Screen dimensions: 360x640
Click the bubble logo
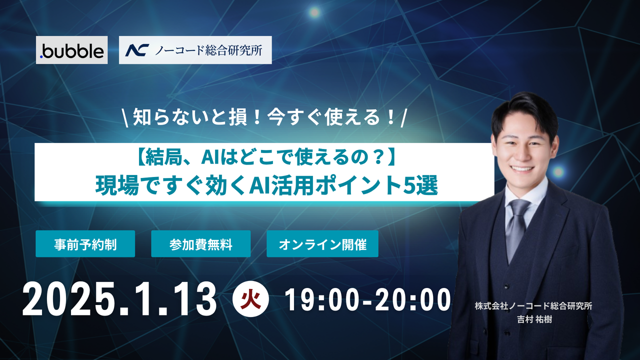coord(71,50)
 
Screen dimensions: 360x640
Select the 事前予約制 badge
coord(85,244)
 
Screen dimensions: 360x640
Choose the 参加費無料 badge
coord(200,244)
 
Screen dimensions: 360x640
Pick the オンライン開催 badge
coord(322,244)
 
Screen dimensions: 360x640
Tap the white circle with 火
coord(251,299)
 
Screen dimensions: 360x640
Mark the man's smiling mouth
coord(523,168)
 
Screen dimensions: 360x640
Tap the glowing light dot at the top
coord(314,11)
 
